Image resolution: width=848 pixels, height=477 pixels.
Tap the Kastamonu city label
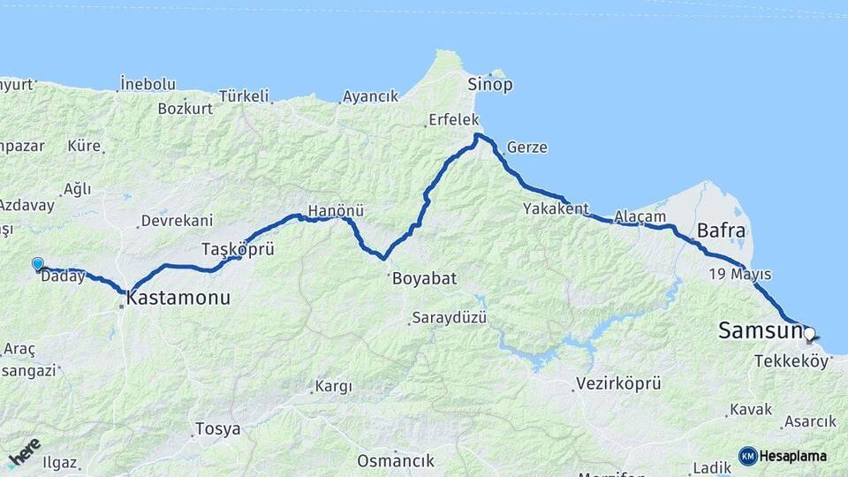(178, 299)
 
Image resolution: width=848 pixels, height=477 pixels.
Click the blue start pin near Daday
(37, 264)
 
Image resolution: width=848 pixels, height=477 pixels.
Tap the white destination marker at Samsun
(808, 334)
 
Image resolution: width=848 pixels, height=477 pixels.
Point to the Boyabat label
(424, 278)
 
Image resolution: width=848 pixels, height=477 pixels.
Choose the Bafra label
(722, 232)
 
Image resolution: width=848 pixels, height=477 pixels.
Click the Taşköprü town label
(238, 249)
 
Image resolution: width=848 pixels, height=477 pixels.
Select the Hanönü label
(336, 212)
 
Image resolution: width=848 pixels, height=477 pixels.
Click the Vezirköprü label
(618, 383)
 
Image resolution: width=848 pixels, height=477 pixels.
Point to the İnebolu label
(148, 85)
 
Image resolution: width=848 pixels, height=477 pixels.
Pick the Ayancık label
(371, 96)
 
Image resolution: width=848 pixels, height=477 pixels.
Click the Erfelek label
(453, 119)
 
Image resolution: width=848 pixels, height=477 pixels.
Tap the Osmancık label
(396, 461)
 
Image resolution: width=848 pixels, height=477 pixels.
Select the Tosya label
(217, 429)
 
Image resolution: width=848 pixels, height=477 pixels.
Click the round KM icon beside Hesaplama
(747, 456)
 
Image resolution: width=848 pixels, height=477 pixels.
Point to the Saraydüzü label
(450, 318)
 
